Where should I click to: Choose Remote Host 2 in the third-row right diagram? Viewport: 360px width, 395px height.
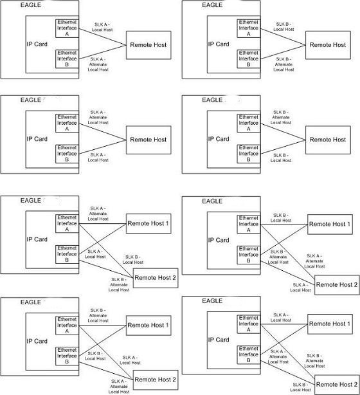(x=336, y=284)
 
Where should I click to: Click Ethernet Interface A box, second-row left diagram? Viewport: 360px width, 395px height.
(x=67, y=123)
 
